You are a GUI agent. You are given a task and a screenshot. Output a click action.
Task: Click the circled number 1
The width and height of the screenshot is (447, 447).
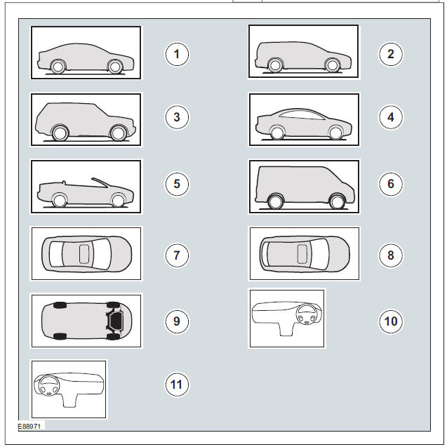(x=177, y=54)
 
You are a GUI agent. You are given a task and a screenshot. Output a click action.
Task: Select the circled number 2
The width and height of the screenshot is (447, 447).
(x=391, y=54)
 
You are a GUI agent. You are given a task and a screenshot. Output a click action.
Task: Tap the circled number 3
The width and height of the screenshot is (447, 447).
(x=177, y=117)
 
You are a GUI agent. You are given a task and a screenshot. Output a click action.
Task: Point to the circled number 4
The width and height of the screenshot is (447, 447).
(x=391, y=117)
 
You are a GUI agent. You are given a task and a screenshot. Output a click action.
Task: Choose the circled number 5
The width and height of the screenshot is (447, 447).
(x=177, y=184)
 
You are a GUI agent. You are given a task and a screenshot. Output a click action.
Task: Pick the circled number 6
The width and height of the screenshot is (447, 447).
(x=391, y=184)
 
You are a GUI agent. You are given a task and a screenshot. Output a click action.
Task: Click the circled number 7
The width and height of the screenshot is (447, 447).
(x=177, y=255)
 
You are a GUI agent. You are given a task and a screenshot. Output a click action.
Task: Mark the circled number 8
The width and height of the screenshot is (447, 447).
(x=391, y=255)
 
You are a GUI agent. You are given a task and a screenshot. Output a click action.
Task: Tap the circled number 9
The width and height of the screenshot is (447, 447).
(x=177, y=321)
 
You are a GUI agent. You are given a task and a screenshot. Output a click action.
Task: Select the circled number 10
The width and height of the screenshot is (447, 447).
(x=391, y=321)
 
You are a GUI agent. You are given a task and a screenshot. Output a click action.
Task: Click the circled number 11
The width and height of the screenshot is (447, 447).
(x=177, y=384)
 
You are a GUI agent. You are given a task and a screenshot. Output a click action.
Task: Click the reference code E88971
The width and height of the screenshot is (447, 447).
(x=31, y=425)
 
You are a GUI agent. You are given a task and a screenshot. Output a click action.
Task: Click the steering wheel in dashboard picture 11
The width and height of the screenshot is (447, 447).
(x=51, y=387)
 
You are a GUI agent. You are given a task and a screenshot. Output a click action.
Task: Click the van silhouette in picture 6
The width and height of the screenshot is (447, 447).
(x=302, y=186)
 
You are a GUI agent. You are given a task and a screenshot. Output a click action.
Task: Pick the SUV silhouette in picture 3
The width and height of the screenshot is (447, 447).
(x=84, y=118)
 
